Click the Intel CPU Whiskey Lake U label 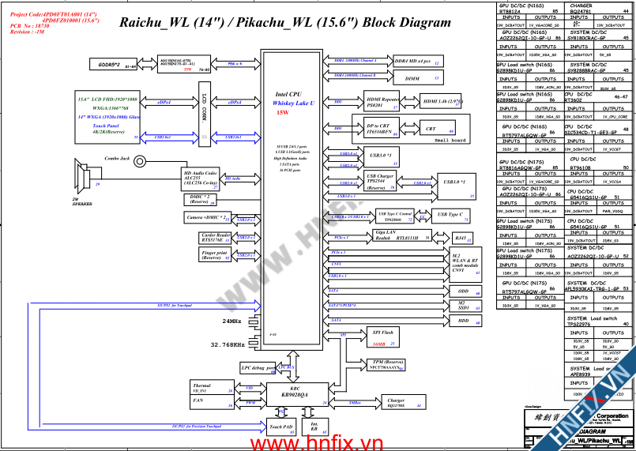click(x=293, y=98)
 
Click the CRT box click(x=431, y=128)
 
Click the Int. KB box click(x=314, y=427)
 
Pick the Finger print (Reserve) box click(x=216, y=254)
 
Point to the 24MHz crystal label click(x=231, y=322)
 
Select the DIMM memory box click(x=412, y=78)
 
